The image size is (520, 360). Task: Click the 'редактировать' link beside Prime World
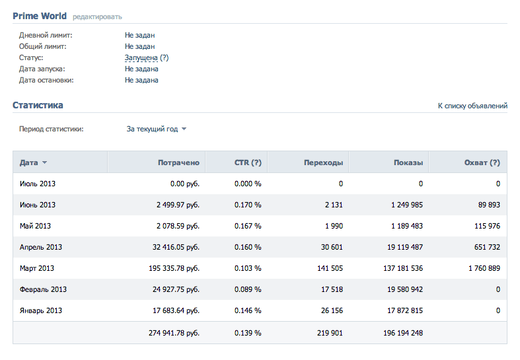point(97,17)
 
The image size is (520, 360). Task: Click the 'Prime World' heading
point(40,16)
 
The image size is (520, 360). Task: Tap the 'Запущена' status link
point(141,57)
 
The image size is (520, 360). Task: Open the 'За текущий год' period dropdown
point(156,129)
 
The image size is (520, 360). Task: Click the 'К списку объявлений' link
point(472,106)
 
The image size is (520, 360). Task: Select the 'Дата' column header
point(33,162)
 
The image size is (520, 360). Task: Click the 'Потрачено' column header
point(179,162)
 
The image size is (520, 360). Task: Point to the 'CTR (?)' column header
point(248,162)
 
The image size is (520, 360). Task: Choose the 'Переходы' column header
point(323,162)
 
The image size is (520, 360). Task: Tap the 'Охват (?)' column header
point(482,162)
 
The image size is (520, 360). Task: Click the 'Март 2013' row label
point(37,268)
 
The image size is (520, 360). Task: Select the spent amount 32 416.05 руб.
point(176,247)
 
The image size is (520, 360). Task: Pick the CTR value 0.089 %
point(248,289)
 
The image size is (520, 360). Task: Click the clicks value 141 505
point(330,268)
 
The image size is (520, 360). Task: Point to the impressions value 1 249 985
point(407,205)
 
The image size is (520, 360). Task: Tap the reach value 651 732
point(487,247)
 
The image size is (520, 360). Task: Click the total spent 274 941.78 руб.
point(174,333)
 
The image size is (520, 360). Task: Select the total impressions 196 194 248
point(403,333)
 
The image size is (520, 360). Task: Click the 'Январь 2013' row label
point(41,310)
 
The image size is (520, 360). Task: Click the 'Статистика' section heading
point(38,105)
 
